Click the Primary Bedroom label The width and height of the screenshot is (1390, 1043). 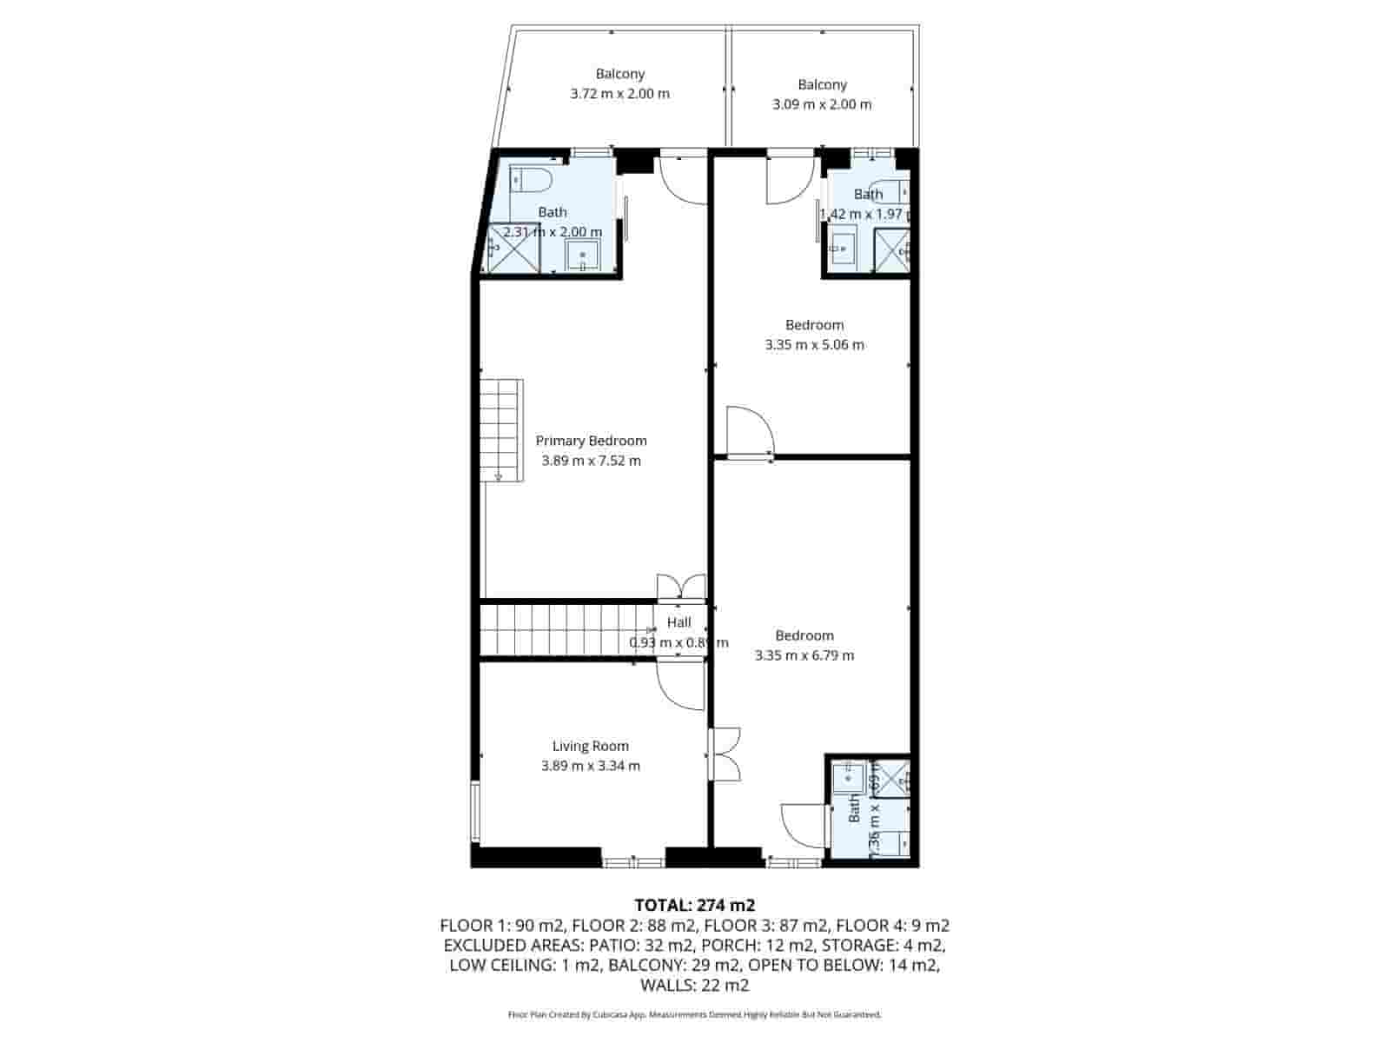coord(591,441)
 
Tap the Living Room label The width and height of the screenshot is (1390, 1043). coord(591,746)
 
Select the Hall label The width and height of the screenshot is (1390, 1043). coord(679,622)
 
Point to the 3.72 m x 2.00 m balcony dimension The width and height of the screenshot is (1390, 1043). coord(619,94)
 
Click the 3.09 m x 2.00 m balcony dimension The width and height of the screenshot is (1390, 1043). coord(822,104)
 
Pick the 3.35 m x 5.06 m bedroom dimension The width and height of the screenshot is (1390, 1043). coord(814,344)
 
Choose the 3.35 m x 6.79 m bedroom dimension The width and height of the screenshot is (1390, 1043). coord(804,655)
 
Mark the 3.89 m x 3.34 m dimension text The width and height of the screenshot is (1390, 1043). coord(591,766)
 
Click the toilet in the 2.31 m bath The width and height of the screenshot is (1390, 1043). coord(531,180)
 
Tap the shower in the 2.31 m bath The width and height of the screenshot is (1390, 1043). coord(513,249)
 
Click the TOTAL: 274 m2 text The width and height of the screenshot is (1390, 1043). coord(694,906)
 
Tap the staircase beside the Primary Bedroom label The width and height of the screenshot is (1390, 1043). coord(502,429)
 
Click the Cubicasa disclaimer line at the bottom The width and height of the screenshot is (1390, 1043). coord(694,1014)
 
